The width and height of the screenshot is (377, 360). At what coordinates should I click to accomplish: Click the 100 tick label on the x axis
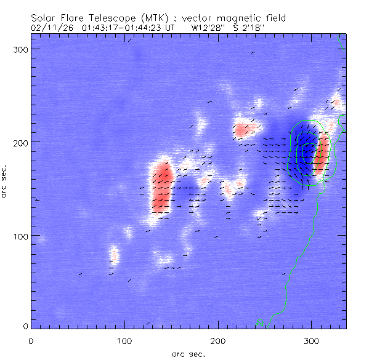125,340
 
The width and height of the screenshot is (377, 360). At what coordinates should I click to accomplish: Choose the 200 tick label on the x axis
219,340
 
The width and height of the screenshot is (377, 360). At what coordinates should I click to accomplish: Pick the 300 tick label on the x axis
312,340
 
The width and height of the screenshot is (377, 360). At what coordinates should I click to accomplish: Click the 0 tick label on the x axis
31,340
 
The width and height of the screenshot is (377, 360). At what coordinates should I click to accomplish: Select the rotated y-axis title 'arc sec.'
5,183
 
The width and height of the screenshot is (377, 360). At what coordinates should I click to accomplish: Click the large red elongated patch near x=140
162,188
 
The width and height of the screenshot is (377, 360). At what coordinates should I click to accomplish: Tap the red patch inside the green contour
321,157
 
